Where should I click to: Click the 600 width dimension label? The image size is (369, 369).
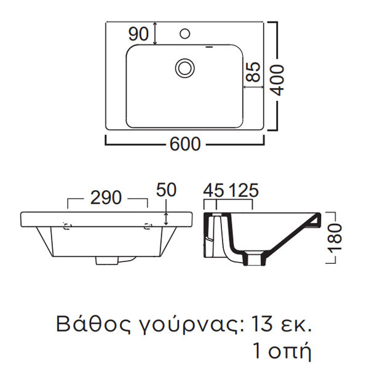(x=185, y=144)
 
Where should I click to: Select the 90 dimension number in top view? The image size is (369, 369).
(x=139, y=34)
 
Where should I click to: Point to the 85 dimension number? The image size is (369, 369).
(x=253, y=75)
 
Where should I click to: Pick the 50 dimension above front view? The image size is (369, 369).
(x=166, y=190)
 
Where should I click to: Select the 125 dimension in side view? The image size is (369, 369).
(x=243, y=191)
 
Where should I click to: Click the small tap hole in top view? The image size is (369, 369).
(x=184, y=31)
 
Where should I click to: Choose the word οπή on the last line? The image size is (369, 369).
(x=292, y=352)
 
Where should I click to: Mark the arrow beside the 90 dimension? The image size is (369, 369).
(x=155, y=33)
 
